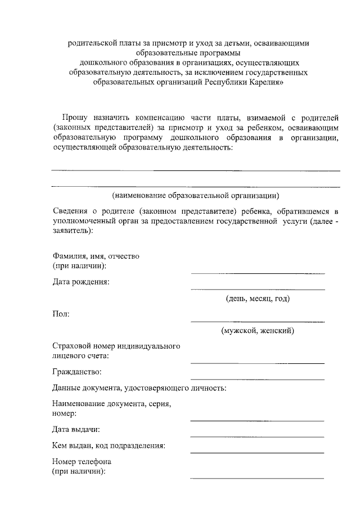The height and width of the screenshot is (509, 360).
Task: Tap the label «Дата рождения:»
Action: (x=81, y=282)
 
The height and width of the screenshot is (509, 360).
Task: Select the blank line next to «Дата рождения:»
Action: (x=258, y=289)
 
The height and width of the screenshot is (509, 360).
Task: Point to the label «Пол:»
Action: (x=61, y=314)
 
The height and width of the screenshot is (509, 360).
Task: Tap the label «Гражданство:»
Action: (x=78, y=372)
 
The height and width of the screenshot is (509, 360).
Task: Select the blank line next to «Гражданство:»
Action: (x=257, y=378)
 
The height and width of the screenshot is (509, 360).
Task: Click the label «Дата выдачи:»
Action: (x=76, y=430)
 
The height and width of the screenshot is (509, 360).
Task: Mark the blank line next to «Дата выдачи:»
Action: (x=257, y=436)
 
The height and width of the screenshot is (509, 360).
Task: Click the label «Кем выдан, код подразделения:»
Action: (x=109, y=446)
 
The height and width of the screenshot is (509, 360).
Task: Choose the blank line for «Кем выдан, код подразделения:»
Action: (x=257, y=452)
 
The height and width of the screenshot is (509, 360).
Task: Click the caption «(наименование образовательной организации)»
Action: (x=195, y=196)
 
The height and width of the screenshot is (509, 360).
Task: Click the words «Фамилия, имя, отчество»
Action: (x=95, y=256)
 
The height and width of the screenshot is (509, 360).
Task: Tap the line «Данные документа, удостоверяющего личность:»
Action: (x=139, y=388)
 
